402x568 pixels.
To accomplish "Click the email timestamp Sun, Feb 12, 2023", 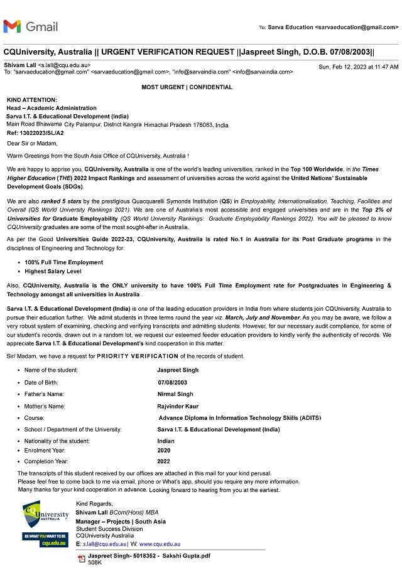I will [x=358, y=67].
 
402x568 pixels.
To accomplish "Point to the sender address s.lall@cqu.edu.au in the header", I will [x=64, y=65].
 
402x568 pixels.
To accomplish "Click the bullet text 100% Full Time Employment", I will [x=64, y=262].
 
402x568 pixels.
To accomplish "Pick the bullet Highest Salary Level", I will [x=53, y=271].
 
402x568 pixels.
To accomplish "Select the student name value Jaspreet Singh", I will [x=178, y=370].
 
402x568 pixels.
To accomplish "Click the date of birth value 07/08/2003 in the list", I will [x=173, y=382].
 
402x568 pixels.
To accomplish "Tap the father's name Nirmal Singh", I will [x=175, y=394].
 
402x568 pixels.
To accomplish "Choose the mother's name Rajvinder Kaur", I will [x=178, y=406].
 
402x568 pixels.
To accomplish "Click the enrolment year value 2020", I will [x=163, y=451].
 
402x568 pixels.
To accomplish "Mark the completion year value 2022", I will [x=163, y=461].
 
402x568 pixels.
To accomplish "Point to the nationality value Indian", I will [x=166, y=441].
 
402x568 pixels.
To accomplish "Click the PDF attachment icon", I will [x=81, y=558].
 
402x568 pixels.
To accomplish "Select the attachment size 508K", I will [x=95, y=563].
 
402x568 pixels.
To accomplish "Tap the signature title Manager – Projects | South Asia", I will [x=121, y=522].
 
